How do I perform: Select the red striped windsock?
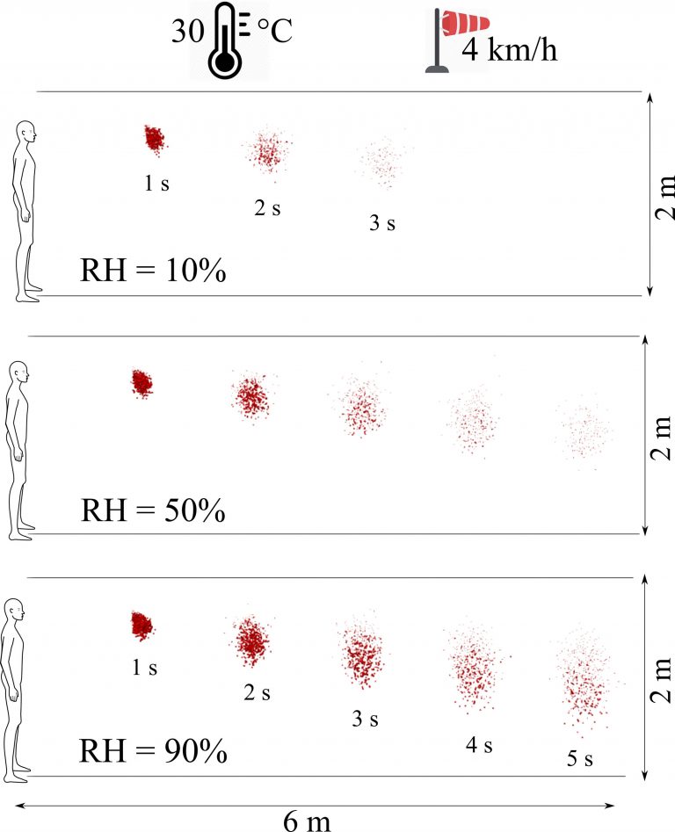(x=461, y=24)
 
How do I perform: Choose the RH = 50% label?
(x=153, y=510)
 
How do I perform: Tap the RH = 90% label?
(x=153, y=752)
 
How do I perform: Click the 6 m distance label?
(x=309, y=820)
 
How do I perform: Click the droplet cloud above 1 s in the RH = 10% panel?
(x=154, y=138)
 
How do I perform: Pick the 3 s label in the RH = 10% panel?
(x=382, y=223)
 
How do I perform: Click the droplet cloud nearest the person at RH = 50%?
(x=141, y=383)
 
